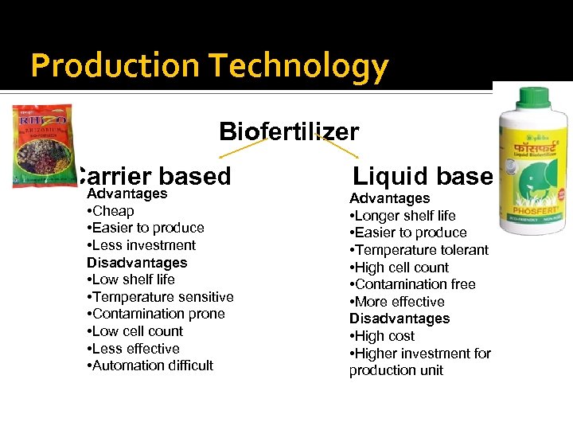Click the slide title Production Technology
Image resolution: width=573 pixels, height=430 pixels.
tap(209, 66)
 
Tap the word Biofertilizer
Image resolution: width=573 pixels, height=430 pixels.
tap(289, 131)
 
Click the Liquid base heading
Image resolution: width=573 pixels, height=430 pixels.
tap(423, 176)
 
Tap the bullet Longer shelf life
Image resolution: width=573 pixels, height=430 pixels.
tap(403, 216)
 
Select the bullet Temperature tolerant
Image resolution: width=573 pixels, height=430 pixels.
tap(419, 250)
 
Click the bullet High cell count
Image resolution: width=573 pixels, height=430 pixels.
tap(400, 268)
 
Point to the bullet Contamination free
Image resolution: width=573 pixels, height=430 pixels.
tap(412, 284)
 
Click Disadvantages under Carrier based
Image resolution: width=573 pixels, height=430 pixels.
tap(137, 263)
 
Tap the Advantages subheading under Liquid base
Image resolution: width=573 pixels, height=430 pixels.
tap(389, 198)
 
